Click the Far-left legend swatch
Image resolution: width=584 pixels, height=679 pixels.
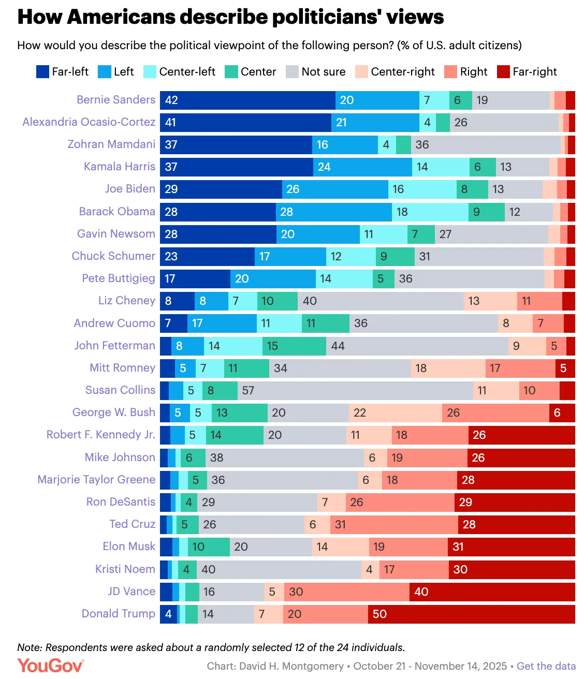42,72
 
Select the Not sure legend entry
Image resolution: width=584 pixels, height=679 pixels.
316,72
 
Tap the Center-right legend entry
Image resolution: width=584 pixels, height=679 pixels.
395,72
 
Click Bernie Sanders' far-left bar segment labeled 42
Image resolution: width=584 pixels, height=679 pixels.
247,100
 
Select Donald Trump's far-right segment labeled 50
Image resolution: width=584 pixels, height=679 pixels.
471,614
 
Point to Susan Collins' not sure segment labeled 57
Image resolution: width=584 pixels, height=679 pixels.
355,391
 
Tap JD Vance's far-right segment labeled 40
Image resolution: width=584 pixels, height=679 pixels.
492,592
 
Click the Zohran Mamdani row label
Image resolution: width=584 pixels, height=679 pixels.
111,144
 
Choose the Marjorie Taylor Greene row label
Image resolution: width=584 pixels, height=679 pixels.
96,480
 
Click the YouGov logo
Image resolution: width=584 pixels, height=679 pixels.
50,666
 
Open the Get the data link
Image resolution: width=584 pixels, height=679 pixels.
546,667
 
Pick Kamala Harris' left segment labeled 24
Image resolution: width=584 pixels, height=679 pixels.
362,167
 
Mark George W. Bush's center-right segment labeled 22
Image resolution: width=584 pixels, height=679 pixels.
396,413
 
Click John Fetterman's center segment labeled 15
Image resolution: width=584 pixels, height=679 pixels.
294,346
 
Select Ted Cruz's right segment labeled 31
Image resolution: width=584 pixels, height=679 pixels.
394,525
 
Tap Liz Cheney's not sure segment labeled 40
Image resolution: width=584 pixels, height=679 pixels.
381,301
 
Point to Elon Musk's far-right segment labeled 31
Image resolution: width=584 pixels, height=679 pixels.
511,547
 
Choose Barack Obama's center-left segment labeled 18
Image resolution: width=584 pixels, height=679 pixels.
430,212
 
